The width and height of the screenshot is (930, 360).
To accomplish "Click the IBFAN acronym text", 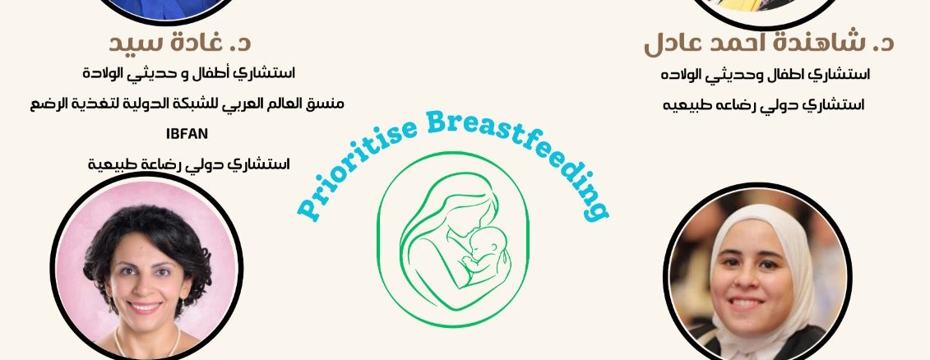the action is point(187,134).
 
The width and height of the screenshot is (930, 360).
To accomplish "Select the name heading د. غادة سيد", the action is point(180,44).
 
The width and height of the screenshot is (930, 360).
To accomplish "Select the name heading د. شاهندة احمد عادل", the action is point(769,44).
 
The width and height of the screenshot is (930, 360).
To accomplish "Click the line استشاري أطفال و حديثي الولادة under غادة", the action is point(188,74).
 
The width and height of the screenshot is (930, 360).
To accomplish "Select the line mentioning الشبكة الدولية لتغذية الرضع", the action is point(187,104).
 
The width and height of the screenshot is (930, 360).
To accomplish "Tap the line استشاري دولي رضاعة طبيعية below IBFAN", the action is point(188,164).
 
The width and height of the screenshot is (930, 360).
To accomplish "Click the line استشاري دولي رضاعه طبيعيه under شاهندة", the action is point(763,105).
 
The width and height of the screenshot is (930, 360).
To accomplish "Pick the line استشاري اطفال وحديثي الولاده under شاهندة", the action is point(766,76).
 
